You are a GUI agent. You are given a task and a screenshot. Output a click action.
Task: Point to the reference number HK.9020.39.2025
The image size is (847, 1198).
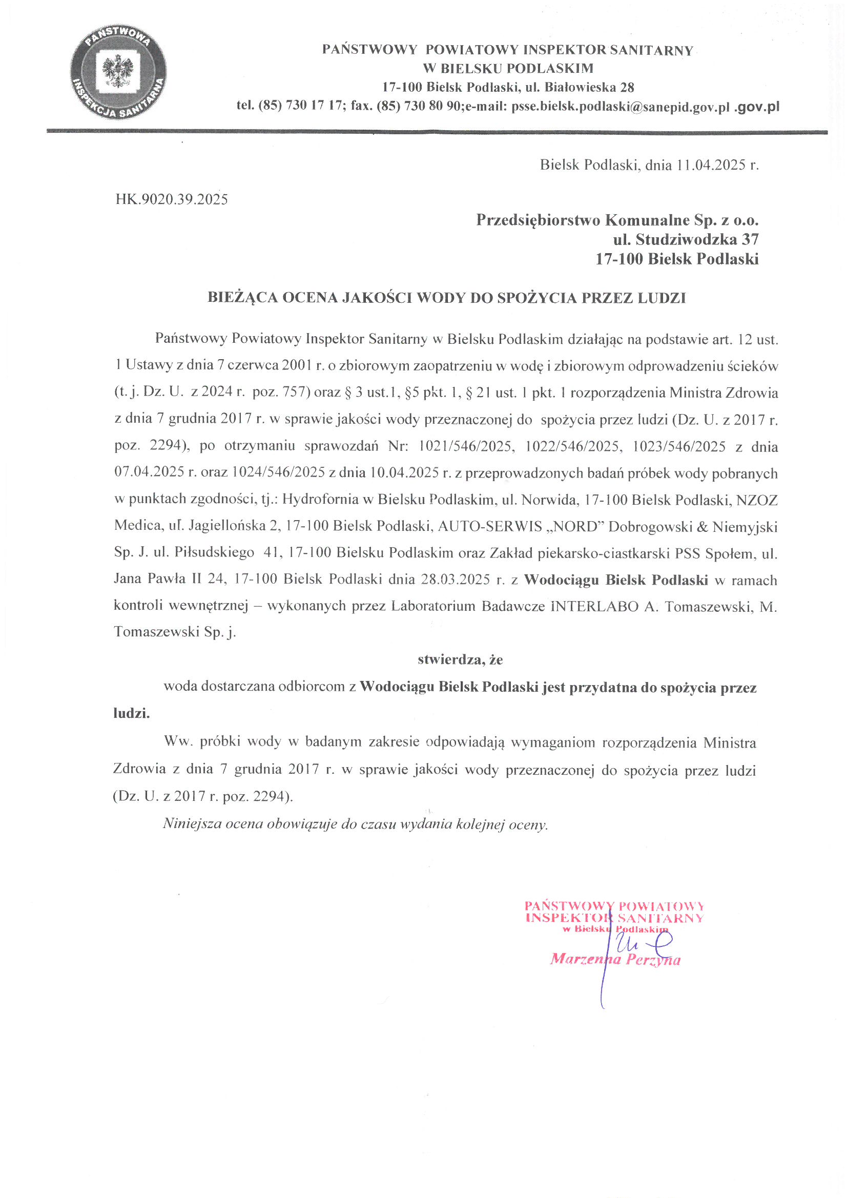[172, 199]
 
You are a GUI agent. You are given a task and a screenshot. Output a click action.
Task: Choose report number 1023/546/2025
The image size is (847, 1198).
[678, 447]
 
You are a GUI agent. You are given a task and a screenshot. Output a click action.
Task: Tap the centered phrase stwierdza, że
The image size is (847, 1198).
[460, 660]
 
